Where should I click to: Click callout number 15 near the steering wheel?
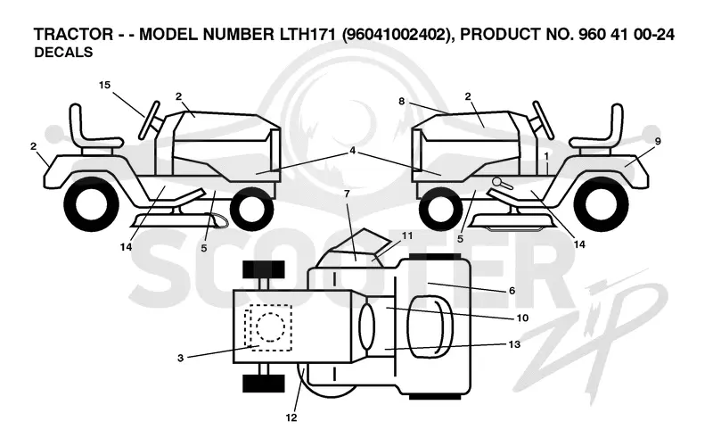104,85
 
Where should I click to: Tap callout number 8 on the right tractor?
402,101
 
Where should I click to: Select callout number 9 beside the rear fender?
658,141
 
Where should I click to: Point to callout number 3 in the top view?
181,359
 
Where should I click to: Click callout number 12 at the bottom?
291,417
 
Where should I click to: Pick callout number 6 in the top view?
512,291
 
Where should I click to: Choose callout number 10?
522,318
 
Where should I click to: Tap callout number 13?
514,344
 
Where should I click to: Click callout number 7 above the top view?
347,194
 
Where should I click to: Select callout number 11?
407,235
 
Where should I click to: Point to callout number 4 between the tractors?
352,151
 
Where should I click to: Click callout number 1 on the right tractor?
546,155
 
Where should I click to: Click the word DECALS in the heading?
63,53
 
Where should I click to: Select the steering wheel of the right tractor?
544,120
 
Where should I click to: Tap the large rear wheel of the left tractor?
92,204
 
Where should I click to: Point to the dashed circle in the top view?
270,326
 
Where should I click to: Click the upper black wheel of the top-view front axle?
263,269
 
